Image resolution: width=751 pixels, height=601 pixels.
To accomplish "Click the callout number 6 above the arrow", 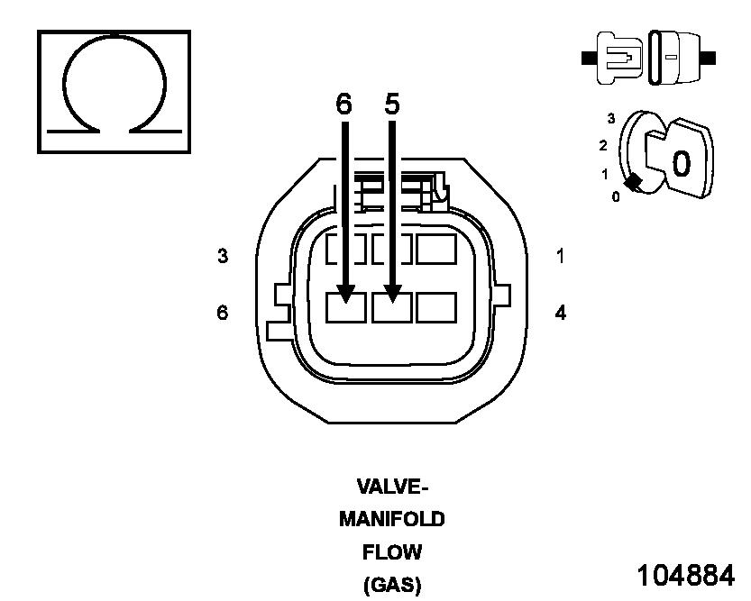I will pos(343,105).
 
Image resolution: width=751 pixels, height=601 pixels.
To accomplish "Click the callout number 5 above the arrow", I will pos(391,105).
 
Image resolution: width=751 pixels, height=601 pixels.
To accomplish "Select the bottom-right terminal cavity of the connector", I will pos(435,307).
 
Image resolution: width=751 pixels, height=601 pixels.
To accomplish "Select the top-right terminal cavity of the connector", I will pos(435,249).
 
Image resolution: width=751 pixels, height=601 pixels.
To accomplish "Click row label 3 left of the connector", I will pos(223,256).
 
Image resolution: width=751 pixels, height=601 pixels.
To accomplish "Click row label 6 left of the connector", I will pos(223,313).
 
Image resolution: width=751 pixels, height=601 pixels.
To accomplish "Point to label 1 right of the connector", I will pos(560,256).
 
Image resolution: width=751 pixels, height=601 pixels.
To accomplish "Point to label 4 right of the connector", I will pos(560,314).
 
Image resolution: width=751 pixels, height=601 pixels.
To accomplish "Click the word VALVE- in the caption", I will pos(392,487).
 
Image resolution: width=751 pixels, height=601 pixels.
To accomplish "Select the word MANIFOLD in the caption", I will pos(392,520).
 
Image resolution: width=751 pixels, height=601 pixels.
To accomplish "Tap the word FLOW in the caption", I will pos(392,551).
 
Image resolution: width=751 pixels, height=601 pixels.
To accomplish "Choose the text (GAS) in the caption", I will pos(392,584).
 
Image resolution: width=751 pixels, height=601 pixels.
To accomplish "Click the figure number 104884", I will pos(686,575).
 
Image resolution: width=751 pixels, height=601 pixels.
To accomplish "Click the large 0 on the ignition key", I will pos(682,162).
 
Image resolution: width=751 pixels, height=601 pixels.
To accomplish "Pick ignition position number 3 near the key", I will pos(611,118).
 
